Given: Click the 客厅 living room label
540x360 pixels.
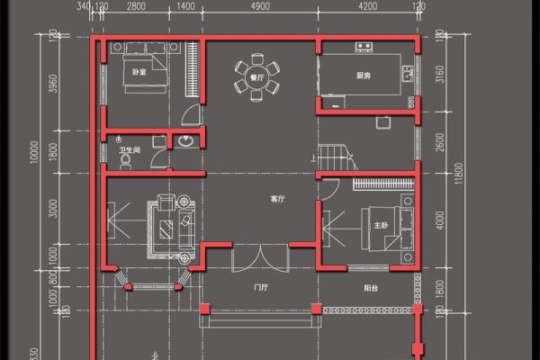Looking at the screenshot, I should pyautogui.click(x=277, y=197).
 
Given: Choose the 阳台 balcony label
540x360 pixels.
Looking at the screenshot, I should pyautogui.click(x=370, y=289).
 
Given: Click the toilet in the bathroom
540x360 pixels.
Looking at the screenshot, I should pyautogui.click(x=125, y=159).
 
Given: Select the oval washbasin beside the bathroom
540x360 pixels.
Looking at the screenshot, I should pyautogui.click(x=185, y=141).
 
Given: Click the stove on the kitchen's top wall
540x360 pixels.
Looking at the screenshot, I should pyautogui.click(x=364, y=46).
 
